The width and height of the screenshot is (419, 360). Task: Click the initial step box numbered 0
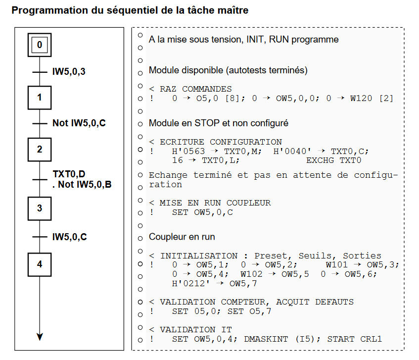[x=40, y=45]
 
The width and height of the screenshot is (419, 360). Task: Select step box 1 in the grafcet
[x=40, y=98]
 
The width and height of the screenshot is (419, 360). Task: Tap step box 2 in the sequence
[x=40, y=148]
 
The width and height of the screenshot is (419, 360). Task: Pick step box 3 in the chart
[x=40, y=208]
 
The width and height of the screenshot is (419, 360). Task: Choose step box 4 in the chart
[x=40, y=264]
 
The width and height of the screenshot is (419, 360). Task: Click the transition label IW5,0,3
[x=69, y=72]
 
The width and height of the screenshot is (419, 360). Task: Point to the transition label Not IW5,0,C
[x=79, y=123]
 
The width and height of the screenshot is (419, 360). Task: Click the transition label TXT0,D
[x=69, y=174]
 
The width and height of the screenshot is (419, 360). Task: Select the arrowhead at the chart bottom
[x=40, y=337]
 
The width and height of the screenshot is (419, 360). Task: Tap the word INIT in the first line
[x=255, y=40]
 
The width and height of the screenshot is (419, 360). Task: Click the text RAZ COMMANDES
[x=195, y=89]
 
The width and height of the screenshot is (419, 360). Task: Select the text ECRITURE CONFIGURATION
[x=221, y=142]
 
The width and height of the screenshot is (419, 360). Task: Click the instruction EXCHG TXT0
[x=334, y=160]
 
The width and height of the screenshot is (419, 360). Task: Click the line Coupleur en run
[x=182, y=237]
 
